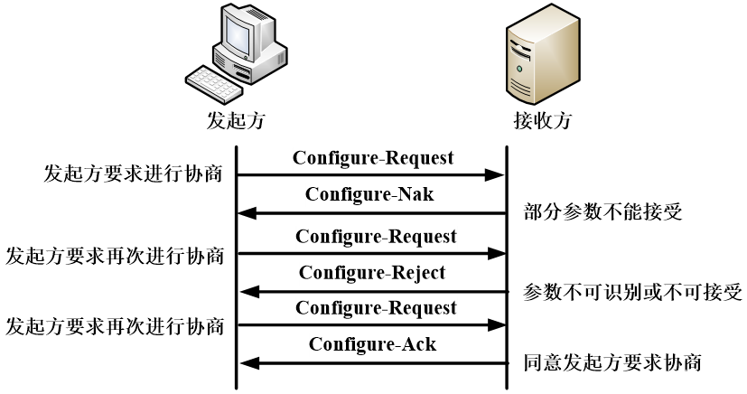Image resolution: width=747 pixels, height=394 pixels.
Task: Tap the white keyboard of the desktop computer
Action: coord(214,84)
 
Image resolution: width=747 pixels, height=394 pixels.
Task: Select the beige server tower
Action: coord(542,54)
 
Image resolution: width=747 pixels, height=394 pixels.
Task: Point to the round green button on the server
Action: coord(519,69)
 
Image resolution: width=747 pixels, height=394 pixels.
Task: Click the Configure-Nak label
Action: coord(370,194)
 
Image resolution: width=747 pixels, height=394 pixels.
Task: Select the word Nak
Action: coord(416,194)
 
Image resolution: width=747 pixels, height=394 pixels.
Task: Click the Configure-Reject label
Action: coord(372,273)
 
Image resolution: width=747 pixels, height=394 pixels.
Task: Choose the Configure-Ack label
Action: coord(372,344)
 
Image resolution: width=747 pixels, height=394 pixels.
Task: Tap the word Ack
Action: coord(419,344)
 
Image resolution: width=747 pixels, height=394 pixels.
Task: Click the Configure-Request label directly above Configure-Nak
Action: coord(373,158)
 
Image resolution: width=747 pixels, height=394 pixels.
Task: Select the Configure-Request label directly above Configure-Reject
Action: coord(376,237)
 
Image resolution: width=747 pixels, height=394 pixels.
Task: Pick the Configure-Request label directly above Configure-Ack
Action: coord(376,308)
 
